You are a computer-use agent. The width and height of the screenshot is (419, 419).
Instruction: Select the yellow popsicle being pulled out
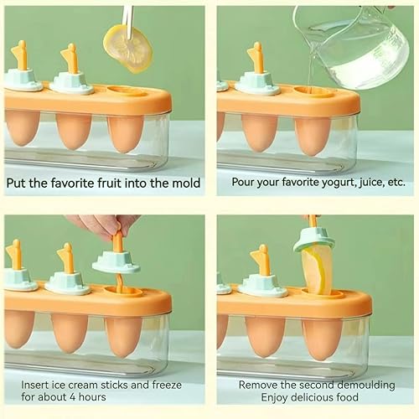click(317, 268)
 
